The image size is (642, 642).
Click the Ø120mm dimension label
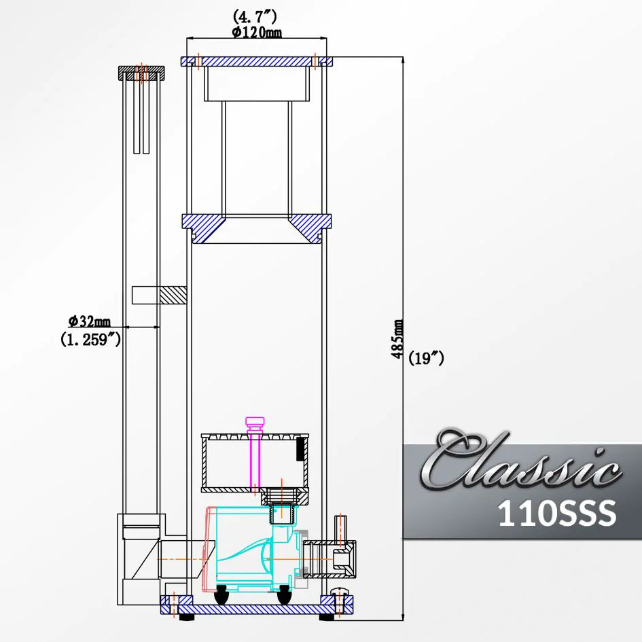[x=257, y=33]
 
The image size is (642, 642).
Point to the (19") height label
[x=427, y=359]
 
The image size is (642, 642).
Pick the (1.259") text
[x=90, y=340]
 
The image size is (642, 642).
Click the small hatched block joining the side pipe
[x=173, y=295]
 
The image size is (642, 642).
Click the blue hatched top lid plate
[x=257, y=61]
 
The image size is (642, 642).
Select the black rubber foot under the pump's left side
[x=222, y=596]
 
